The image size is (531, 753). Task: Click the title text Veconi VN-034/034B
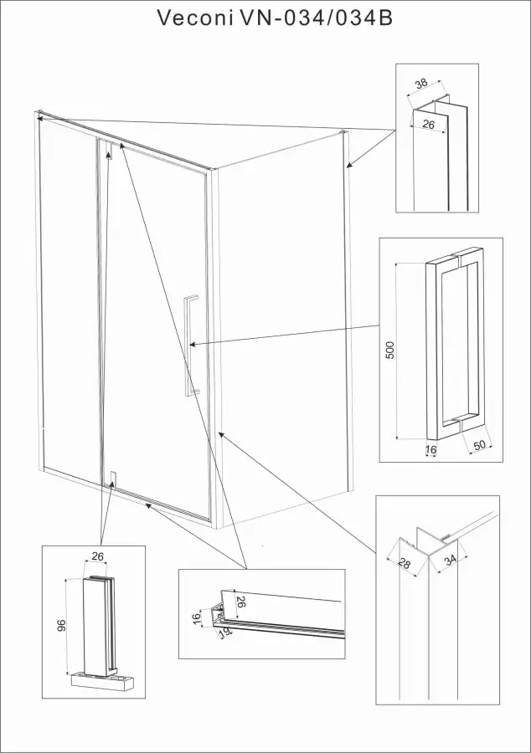[x=276, y=18]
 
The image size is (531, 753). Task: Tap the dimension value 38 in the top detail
[x=421, y=84]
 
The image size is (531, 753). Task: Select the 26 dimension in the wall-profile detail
[x=428, y=125]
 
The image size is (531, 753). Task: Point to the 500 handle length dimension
[x=389, y=350]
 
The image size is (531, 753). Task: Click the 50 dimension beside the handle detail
[x=480, y=445]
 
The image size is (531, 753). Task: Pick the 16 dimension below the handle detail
[x=431, y=450]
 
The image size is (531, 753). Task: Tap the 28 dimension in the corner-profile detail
[x=405, y=563]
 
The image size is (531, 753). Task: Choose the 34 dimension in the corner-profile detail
[x=450, y=560]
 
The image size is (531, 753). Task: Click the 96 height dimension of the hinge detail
[x=60, y=625]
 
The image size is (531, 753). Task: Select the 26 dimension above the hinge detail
[x=97, y=556]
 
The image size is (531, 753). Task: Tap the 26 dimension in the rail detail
[x=240, y=602]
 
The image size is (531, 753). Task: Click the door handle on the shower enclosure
[x=191, y=346]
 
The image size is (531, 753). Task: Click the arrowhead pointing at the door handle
[x=193, y=345]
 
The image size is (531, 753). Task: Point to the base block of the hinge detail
[x=101, y=680]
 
